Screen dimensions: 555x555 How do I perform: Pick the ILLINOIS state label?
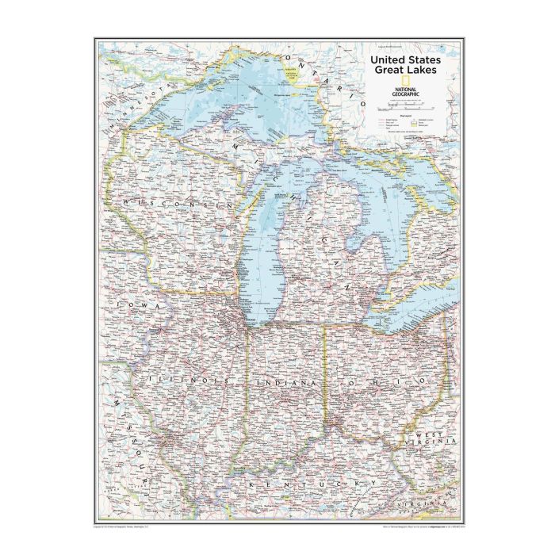coord(189,381)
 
